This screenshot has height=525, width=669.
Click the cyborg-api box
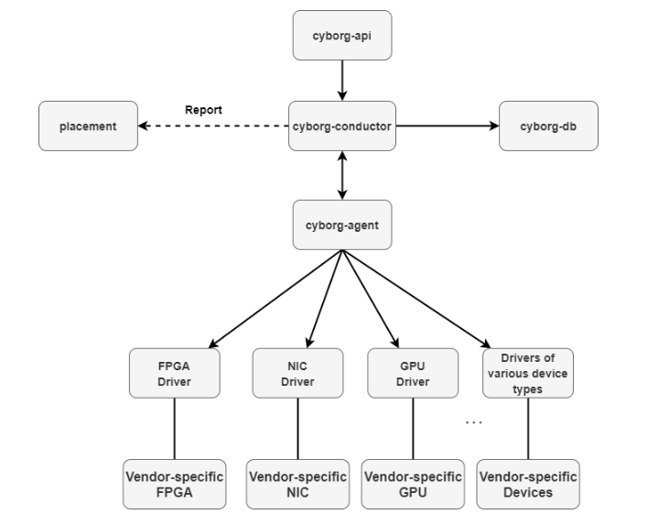pyautogui.click(x=341, y=36)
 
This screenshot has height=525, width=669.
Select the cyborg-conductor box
pyautogui.click(x=341, y=126)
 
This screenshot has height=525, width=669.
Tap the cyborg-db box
pyautogui.click(x=548, y=126)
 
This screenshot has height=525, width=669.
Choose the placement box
pyautogui.click(x=88, y=126)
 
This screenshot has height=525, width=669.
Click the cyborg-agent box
pyautogui.click(x=341, y=224)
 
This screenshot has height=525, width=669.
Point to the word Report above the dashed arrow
pyautogui.click(x=203, y=110)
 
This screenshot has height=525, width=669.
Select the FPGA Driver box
pyautogui.click(x=174, y=373)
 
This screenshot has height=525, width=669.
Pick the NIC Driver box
pyautogui.click(x=297, y=373)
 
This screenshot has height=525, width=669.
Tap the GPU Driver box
pyautogui.click(x=412, y=373)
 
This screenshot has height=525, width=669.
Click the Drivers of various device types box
pyautogui.click(x=527, y=373)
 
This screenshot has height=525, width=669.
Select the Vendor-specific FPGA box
pyautogui.click(x=174, y=484)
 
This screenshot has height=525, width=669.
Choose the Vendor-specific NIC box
pyautogui.click(x=297, y=484)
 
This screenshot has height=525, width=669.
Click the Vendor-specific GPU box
pyautogui.click(x=412, y=484)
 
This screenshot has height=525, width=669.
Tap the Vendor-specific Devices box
pyautogui.click(x=527, y=484)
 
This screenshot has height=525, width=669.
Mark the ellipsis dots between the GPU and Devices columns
pyautogui.click(x=473, y=422)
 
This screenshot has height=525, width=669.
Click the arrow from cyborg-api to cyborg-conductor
pyautogui.click(x=341, y=81)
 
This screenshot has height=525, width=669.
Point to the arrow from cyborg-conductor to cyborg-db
pyautogui.click(x=446, y=126)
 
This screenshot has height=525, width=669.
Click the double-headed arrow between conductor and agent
pyautogui.click(x=341, y=175)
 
